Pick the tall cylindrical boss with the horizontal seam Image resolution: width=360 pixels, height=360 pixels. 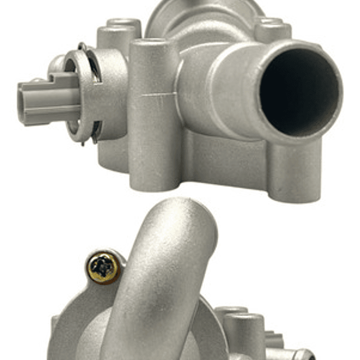click(153, 115)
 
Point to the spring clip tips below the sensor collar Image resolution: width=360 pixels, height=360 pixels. click(93, 135)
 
